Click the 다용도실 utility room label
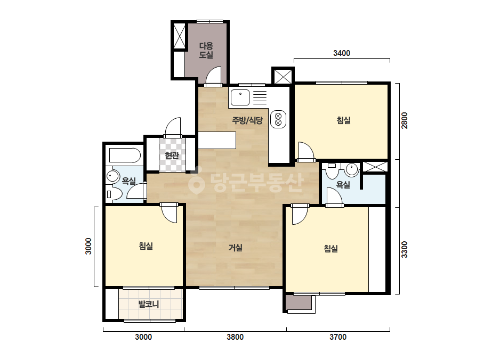206,50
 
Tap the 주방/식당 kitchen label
247,120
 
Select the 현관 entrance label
172,155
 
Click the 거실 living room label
235,248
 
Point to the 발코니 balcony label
149,304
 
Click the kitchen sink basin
240,97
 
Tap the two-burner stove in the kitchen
278,119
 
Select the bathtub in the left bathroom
125,156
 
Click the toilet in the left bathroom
114,194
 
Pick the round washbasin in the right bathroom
352,170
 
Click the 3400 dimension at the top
342,53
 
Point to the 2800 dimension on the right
405,120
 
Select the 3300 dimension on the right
405,250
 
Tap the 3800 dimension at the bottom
235,337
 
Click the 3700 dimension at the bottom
338,337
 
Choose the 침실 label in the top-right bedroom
344,120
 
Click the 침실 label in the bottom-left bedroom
146,246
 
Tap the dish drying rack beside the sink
260,97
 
